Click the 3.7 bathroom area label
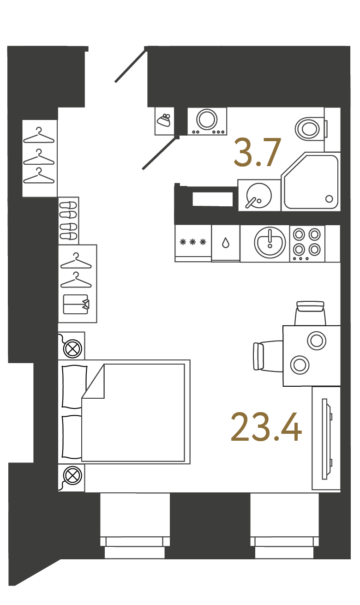[258, 152]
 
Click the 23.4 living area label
[266, 427]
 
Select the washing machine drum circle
[207, 119]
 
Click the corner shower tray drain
[329, 199]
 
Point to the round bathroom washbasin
[259, 195]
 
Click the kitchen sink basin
[270, 242]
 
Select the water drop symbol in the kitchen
[226, 243]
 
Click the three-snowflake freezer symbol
[193, 242]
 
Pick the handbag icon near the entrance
[164, 120]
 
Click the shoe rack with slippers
[69, 221]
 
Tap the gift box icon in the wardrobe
[76, 305]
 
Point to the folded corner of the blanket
[93, 381]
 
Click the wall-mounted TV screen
[324, 439]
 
